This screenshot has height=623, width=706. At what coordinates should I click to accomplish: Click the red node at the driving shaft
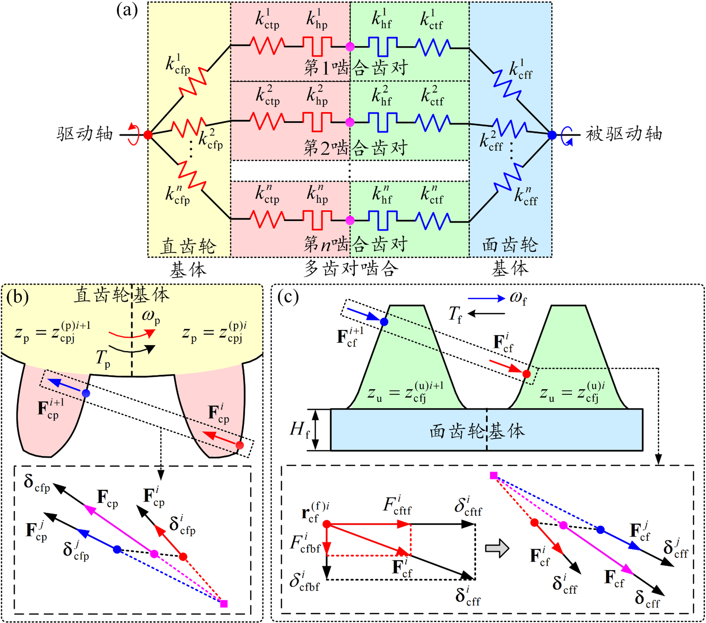tap(148, 135)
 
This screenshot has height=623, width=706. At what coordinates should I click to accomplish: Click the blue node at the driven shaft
tap(552, 135)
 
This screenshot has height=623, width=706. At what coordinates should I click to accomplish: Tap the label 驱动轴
tap(85, 134)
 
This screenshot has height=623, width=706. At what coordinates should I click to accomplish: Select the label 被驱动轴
tap(624, 134)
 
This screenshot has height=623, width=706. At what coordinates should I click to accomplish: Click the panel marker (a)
tap(127, 10)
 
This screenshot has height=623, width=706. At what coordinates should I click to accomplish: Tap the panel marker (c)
tap(288, 297)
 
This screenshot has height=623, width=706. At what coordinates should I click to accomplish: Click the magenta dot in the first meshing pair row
tap(350, 47)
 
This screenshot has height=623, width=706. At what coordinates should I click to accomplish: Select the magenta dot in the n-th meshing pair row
tap(350, 220)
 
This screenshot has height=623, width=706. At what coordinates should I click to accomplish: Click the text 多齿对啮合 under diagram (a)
tap(350, 269)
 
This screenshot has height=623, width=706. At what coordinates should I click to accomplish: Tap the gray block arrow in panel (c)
tap(497, 548)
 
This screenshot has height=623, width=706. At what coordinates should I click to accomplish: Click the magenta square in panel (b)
tap(224, 604)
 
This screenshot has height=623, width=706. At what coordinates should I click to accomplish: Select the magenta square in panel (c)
tap(494, 475)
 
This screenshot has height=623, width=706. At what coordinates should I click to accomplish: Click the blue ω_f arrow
tap(486, 298)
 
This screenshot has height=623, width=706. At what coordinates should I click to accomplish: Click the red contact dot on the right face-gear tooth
tap(526, 374)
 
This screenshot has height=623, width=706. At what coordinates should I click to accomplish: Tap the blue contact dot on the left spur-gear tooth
tap(86, 394)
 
